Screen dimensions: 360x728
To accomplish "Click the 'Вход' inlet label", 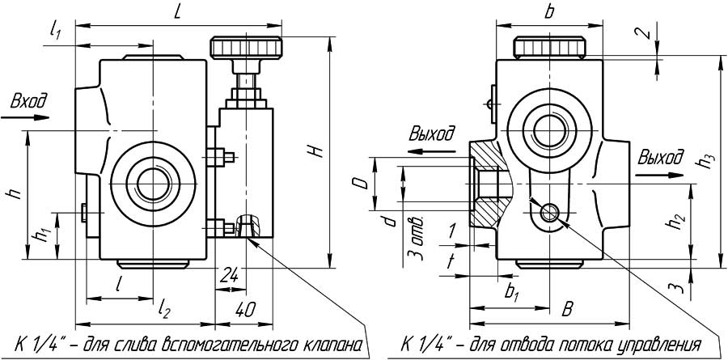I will [x=28, y=102].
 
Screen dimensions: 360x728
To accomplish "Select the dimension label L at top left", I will [x=177, y=11].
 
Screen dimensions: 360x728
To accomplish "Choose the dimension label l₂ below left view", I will [x=164, y=307].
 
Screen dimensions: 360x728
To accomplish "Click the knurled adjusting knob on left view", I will [x=247, y=46].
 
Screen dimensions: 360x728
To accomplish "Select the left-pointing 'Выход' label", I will [x=432, y=133].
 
